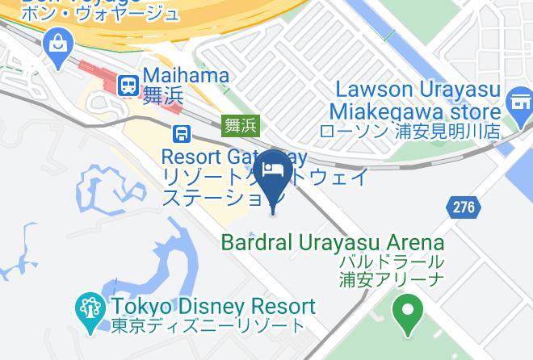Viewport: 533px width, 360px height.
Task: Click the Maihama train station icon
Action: click(x=128, y=84)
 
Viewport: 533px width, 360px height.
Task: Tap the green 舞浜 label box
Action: click(x=240, y=125)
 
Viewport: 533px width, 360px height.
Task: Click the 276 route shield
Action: click(x=463, y=207)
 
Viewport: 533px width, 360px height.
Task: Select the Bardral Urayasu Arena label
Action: click(x=333, y=242)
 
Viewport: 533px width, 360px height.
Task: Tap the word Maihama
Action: click(x=186, y=75)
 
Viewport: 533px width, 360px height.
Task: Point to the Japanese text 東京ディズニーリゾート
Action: click(x=207, y=327)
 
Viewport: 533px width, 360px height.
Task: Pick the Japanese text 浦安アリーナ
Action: click(x=391, y=281)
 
